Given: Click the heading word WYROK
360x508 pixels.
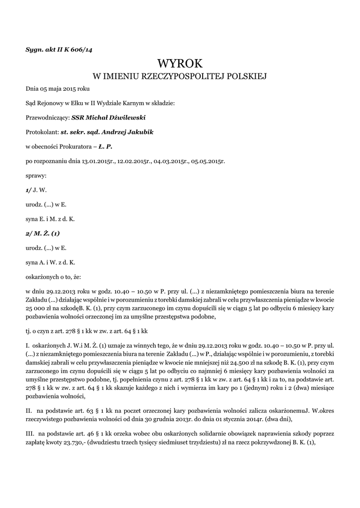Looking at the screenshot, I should [180, 63].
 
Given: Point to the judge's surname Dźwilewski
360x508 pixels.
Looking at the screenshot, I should [124, 118].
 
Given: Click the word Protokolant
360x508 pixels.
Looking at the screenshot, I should [42, 132].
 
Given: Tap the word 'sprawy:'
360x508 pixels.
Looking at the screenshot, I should [36, 176].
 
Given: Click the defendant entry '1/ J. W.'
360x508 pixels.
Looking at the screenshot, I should [36, 190].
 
